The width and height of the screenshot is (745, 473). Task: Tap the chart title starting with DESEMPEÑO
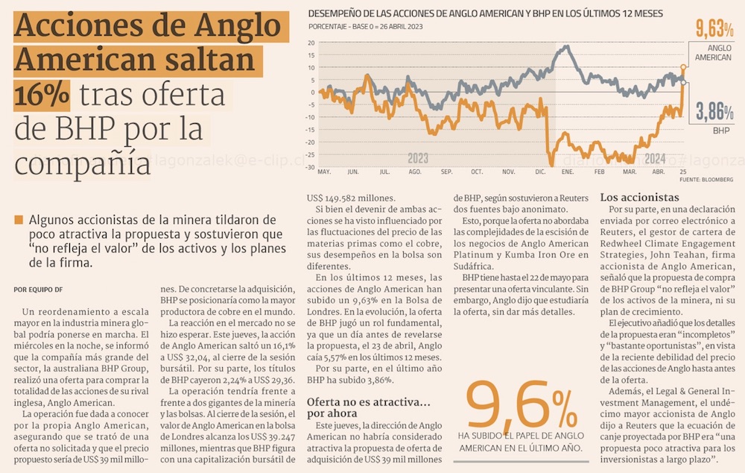[485, 13]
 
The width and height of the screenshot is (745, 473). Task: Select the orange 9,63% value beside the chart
[715, 29]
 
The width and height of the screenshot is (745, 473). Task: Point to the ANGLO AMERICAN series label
[713, 52]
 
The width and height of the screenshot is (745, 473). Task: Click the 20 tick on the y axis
[312, 42]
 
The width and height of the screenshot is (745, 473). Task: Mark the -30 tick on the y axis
[311, 167]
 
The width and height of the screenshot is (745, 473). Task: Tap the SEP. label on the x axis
[446, 172]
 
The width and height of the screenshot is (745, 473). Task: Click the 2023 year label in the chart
[418, 159]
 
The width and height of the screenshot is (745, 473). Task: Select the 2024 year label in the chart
[655, 159]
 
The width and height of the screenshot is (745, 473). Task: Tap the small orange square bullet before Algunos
[19, 220]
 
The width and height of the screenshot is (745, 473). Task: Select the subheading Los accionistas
[639, 198]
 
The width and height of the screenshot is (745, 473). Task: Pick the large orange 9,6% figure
[521, 407]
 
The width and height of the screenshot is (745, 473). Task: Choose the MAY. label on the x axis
[324, 172]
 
